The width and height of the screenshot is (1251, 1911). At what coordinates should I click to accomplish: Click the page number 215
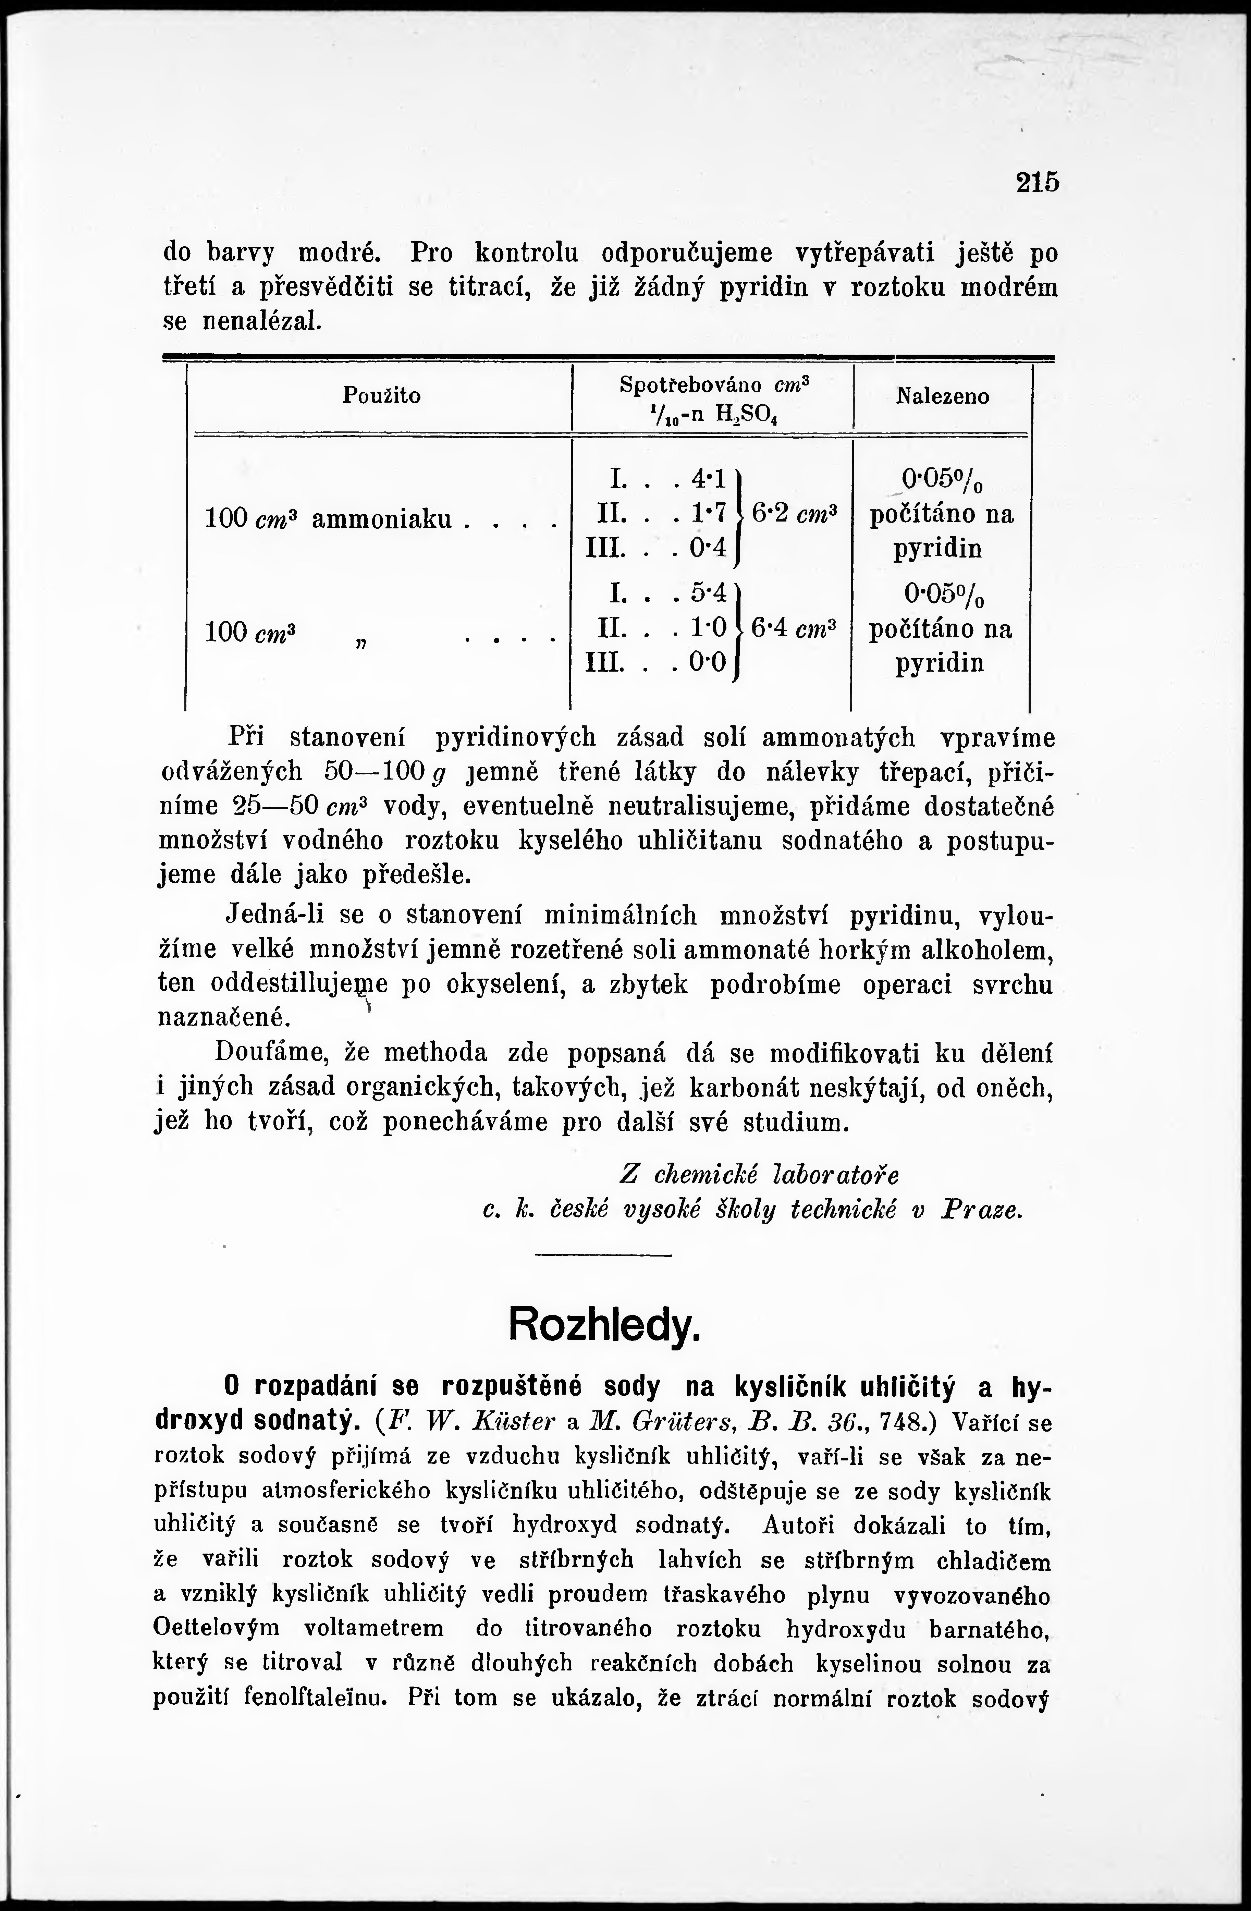pos(1038,182)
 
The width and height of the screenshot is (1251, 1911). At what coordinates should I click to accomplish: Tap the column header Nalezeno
pos(943,396)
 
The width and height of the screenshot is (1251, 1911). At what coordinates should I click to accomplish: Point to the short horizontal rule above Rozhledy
pos(602,1254)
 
